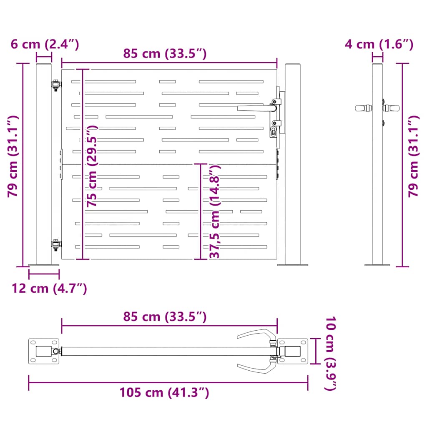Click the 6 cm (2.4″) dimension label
coord(45,44)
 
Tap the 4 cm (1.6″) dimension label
coord(379,44)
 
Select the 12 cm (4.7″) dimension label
coord(49,289)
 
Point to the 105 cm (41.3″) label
coord(164,393)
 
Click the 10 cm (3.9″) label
coord(331,353)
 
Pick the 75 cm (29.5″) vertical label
coord(92,166)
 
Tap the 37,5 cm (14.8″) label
coord(215,211)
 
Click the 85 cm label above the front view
coord(165,53)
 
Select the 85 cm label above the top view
coord(165,317)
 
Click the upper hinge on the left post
coord(56,85)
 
